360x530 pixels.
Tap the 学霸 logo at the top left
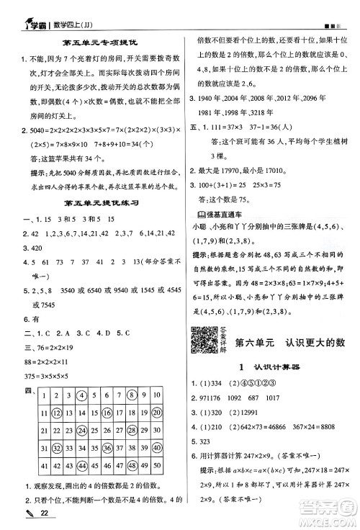[28, 11]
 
